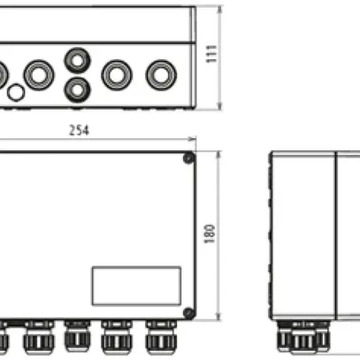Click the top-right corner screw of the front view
(x=188, y=159)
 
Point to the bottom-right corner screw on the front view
(x=188, y=311)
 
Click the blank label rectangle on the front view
(x=124, y=285)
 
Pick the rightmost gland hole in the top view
(x=160, y=73)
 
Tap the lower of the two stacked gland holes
(x=77, y=87)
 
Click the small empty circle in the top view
(x=16, y=92)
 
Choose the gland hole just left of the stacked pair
(x=39, y=73)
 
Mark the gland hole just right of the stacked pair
(x=117, y=73)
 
